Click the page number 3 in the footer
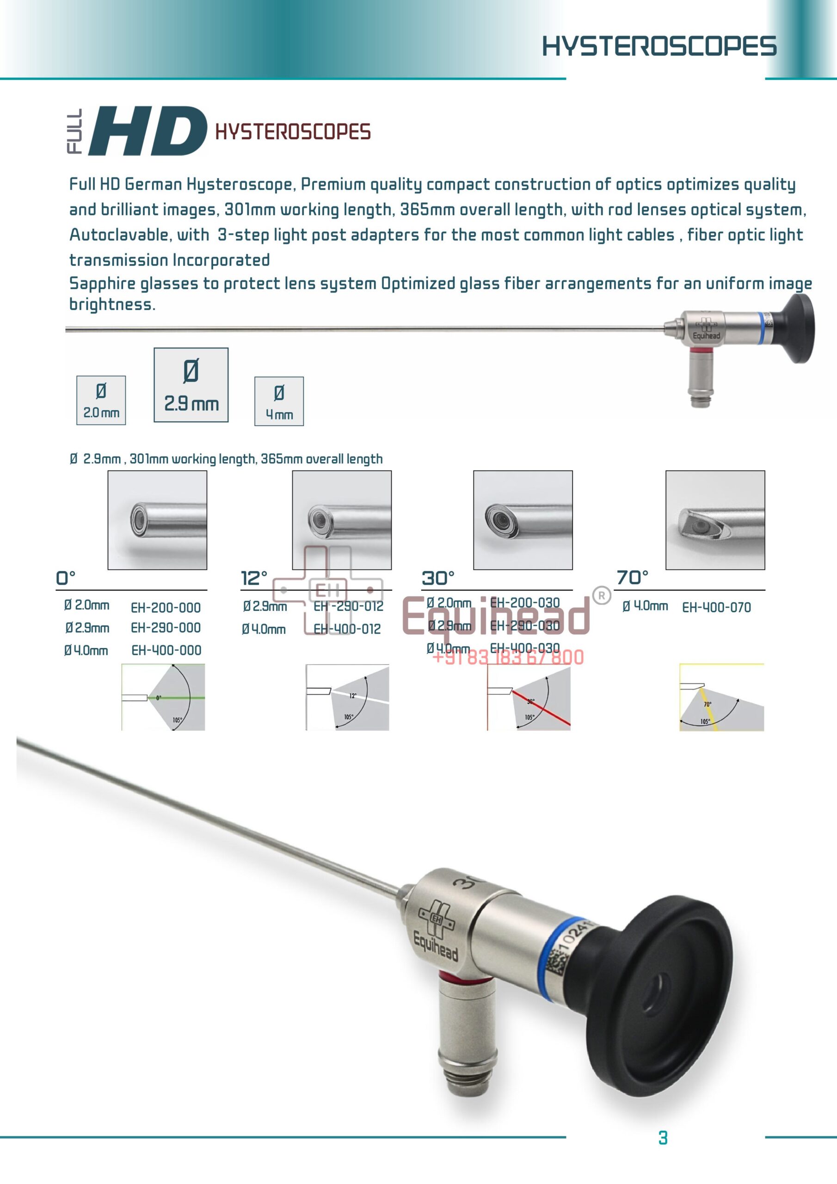pos(663,1138)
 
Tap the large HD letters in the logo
pos(148,131)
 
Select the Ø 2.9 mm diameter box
pos(191,385)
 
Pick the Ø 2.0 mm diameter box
pos(101,400)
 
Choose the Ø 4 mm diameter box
pos(279,401)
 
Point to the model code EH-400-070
pos(716,607)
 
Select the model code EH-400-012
pos(347,629)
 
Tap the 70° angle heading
pos(632,578)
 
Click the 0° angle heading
pos(66,578)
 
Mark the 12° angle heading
pos(254,578)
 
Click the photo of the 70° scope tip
pos(715,520)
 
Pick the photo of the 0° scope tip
pos(157,520)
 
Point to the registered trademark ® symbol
pos(601,595)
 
